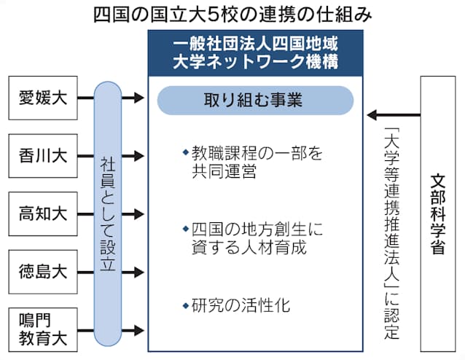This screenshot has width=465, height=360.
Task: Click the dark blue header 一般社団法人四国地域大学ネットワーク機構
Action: [x=255, y=50]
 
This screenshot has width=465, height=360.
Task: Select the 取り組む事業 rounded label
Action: [x=255, y=100]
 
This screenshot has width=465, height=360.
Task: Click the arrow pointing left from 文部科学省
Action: [x=394, y=114]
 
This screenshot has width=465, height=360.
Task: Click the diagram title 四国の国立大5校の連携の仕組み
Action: [x=232, y=14]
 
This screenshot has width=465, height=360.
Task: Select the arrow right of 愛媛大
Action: [x=133, y=96]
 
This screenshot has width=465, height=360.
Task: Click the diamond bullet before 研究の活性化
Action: [x=185, y=305]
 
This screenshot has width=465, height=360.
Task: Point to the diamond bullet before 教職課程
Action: [x=185, y=154]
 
